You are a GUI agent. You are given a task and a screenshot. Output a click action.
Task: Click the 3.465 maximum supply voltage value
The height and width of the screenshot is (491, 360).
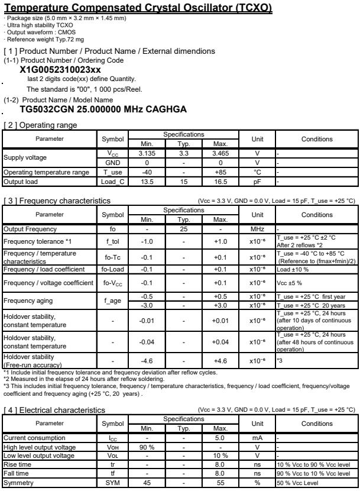(219, 153)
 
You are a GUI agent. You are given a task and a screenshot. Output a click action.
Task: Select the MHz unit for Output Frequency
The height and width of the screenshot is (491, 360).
(257, 229)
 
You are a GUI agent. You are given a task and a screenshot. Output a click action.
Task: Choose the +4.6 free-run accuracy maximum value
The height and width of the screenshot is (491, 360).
(219, 360)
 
